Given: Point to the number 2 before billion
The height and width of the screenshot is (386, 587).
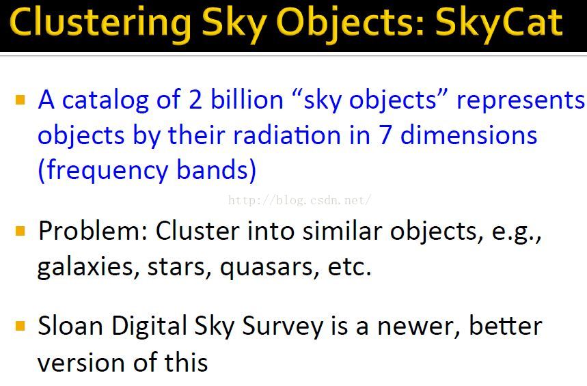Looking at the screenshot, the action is [x=195, y=100].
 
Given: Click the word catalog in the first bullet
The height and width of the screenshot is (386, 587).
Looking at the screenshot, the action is [x=105, y=101].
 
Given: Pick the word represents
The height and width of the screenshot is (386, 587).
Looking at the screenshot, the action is [x=520, y=101].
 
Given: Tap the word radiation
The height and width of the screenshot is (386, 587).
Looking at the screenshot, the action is [x=286, y=135].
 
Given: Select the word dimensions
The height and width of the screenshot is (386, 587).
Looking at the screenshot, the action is [x=469, y=135].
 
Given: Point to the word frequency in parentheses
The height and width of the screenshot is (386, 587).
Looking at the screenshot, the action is [x=107, y=171].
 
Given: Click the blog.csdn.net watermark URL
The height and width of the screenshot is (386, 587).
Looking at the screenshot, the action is [x=299, y=200].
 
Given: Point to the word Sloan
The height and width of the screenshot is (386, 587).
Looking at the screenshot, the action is [x=70, y=325].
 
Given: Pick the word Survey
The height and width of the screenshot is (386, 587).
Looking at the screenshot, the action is [x=282, y=327].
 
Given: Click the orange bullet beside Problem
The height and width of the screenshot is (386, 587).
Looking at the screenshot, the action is [x=21, y=231].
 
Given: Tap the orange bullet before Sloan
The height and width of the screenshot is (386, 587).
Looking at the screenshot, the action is [x=21, y=326].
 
